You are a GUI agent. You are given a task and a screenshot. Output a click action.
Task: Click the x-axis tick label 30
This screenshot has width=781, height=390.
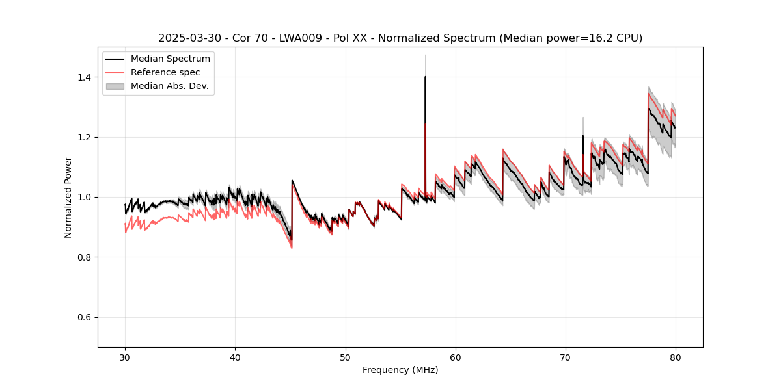click(125, 357)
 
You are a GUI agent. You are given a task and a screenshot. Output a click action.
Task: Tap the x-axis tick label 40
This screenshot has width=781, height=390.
click(235, 357)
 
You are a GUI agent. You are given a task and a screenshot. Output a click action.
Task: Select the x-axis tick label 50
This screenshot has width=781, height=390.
click(345, 357)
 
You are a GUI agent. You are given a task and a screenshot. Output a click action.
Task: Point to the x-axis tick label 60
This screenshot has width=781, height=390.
click(456, 357)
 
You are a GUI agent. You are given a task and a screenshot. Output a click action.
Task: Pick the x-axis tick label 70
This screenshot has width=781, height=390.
click(566, 357)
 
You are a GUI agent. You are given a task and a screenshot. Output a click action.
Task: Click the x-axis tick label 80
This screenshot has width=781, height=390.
click(676, 357)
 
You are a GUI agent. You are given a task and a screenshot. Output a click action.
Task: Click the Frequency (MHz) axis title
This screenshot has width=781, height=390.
click(400, 370)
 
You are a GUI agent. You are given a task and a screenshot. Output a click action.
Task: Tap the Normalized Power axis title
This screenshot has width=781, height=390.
click(68, 197)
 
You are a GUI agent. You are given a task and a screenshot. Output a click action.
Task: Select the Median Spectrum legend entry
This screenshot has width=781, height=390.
click(170, 59)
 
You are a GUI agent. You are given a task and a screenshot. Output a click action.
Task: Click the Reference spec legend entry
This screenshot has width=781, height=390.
click(165, 72)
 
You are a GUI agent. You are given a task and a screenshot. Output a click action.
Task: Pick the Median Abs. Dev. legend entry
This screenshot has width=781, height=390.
click(169, 86)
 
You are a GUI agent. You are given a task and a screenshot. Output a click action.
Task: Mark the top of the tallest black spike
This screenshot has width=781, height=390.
click(425, 77)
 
